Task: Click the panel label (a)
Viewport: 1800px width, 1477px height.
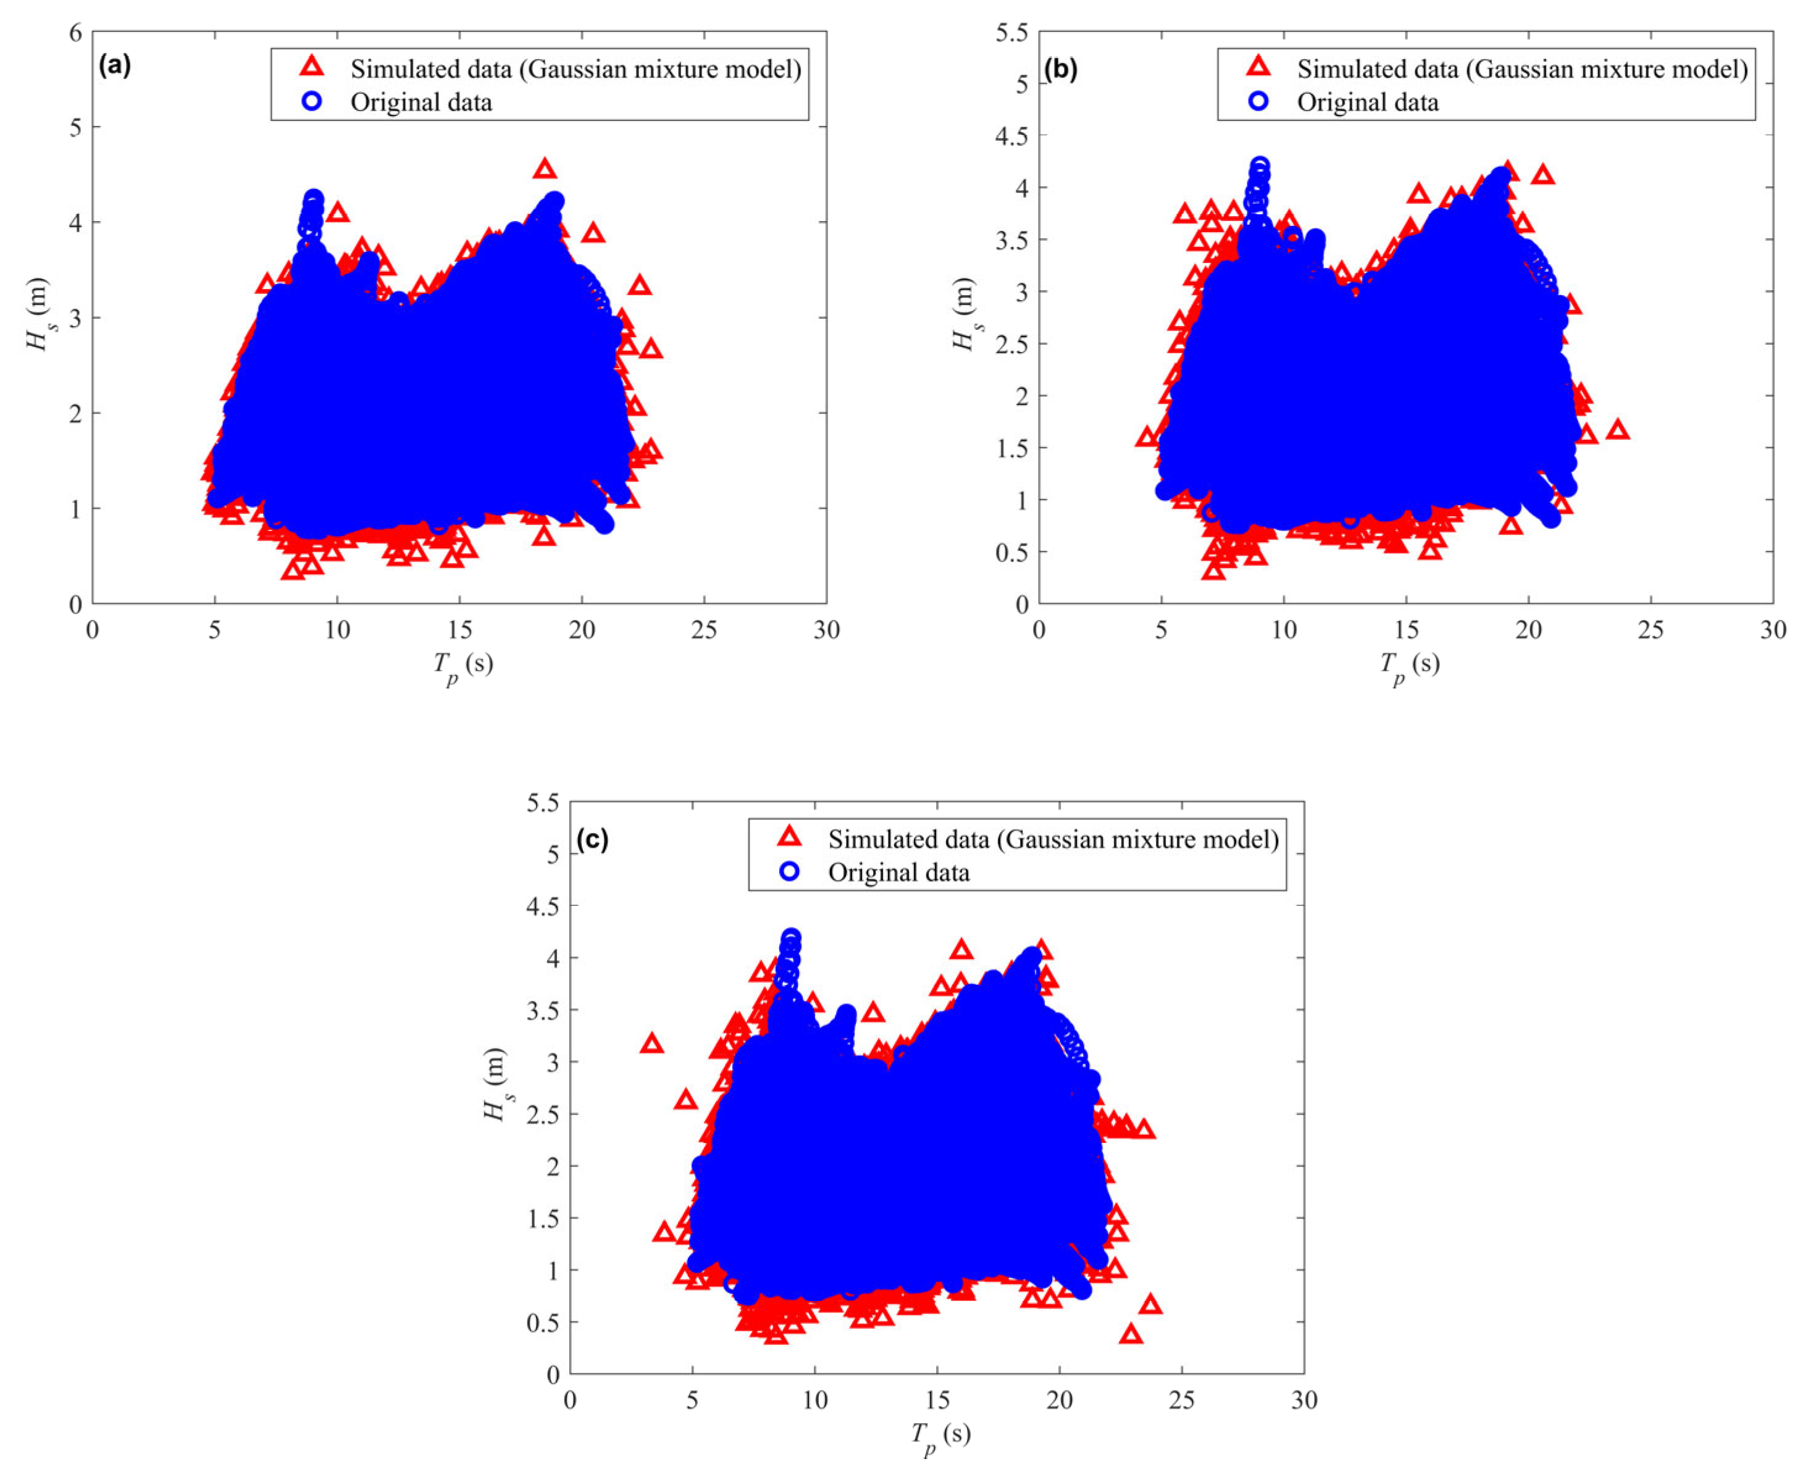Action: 115,65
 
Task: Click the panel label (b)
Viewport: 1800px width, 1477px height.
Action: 1061,69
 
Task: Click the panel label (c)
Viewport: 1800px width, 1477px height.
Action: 592,839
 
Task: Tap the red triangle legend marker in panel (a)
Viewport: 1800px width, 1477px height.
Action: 313,67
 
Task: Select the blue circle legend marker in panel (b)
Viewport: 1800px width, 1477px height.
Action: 1258,101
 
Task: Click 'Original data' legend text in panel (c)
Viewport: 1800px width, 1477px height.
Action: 899,872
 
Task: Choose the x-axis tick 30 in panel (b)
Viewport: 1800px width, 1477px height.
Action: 1773,630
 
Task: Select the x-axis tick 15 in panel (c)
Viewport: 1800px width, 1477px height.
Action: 937,1400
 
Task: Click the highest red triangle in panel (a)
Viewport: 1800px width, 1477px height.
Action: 545,169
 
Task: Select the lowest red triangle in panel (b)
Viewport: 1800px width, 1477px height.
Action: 1214,570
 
